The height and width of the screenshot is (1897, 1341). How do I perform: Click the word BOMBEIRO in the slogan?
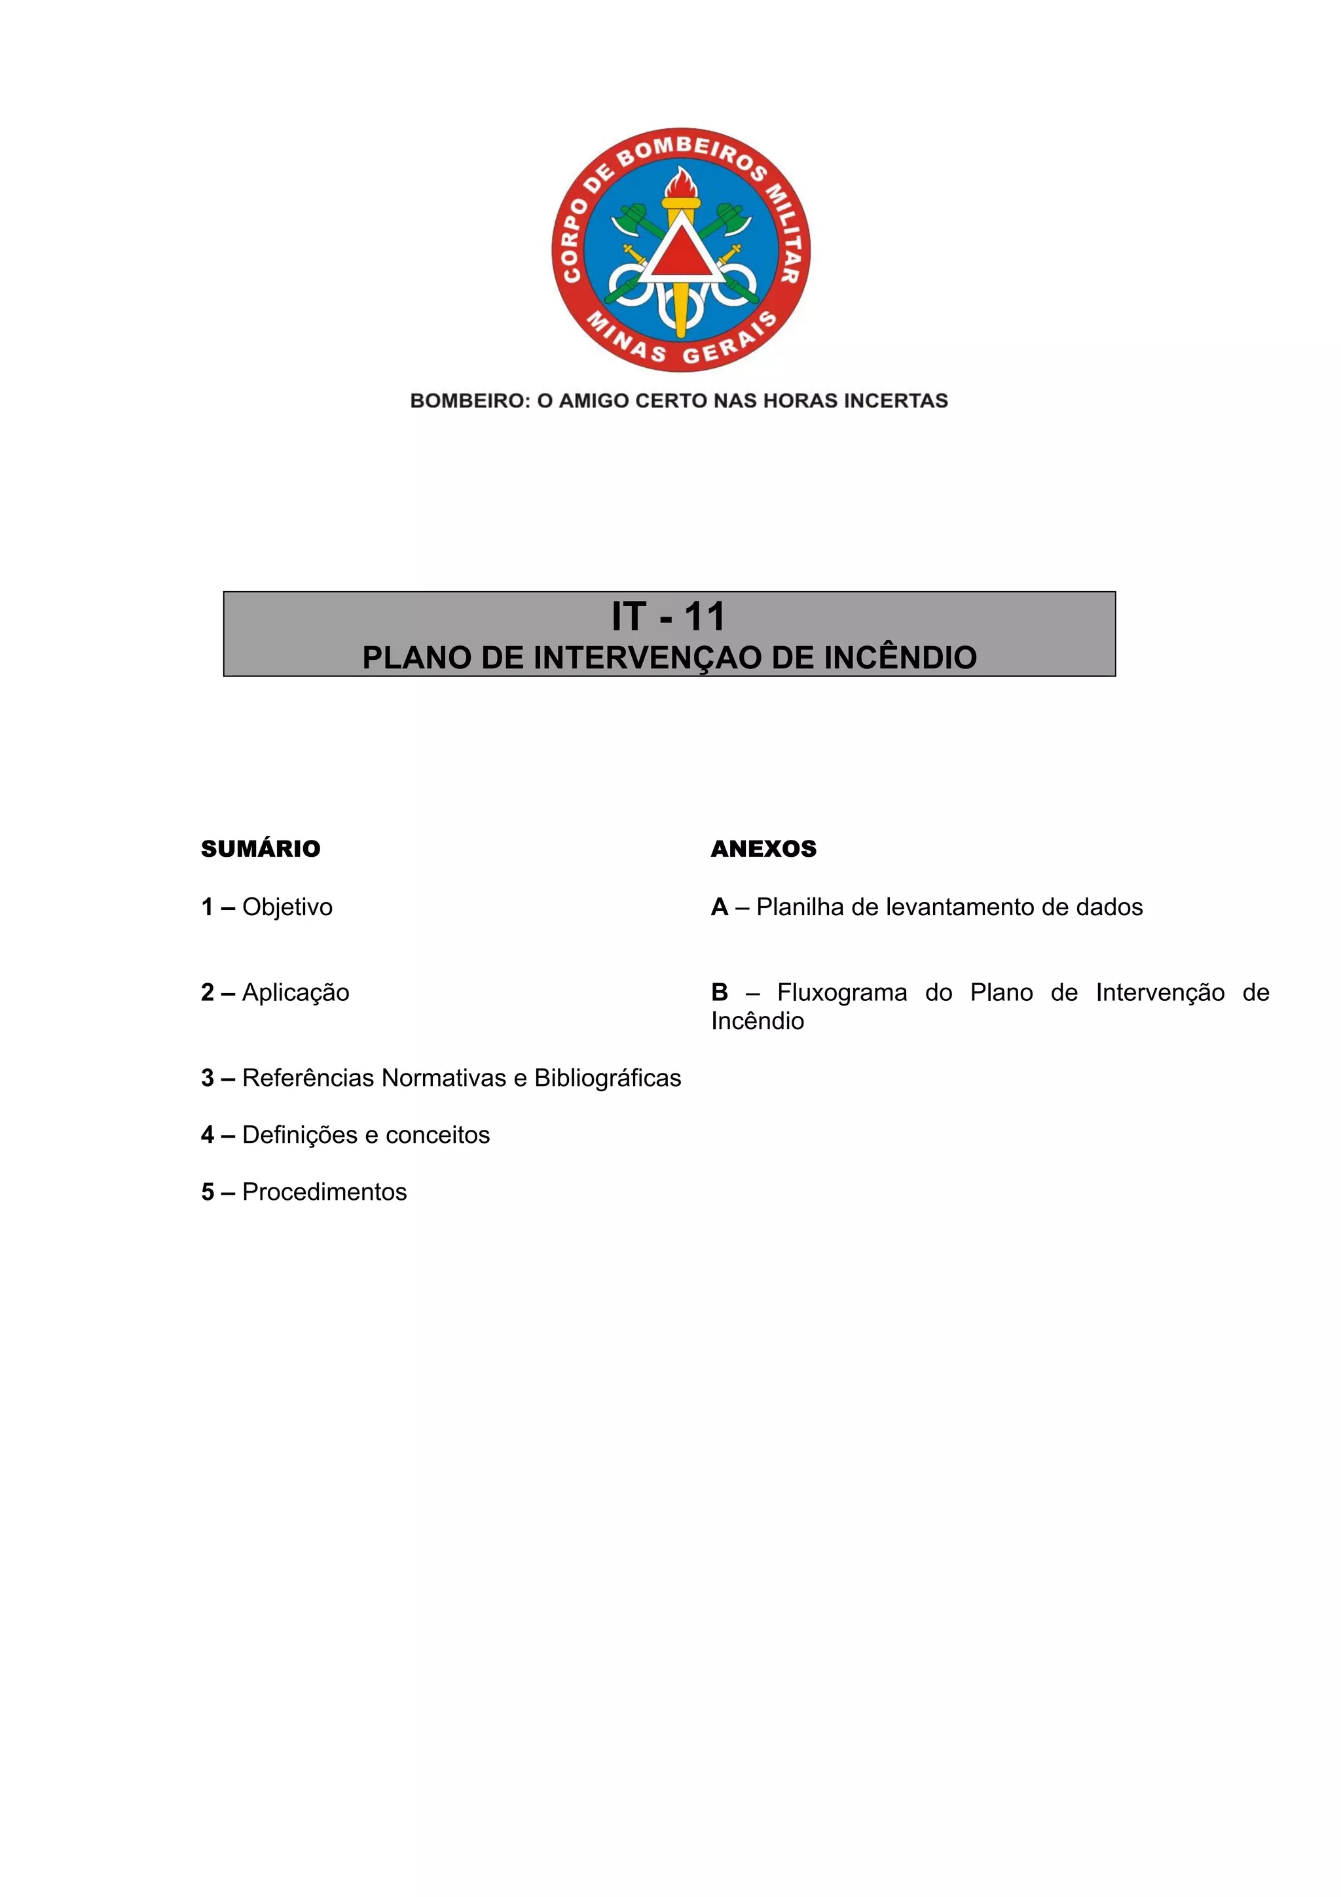point(468,401)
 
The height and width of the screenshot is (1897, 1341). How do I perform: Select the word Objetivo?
point(287,907)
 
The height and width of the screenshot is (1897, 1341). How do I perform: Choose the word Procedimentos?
point(324,1192)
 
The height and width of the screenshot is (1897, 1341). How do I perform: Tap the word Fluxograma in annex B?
point(841,992)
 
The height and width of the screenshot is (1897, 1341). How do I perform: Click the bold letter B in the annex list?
point(719,992)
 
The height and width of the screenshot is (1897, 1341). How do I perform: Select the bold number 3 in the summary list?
point(208,1078)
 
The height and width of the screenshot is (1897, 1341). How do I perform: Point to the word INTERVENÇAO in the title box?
point(648,658)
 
